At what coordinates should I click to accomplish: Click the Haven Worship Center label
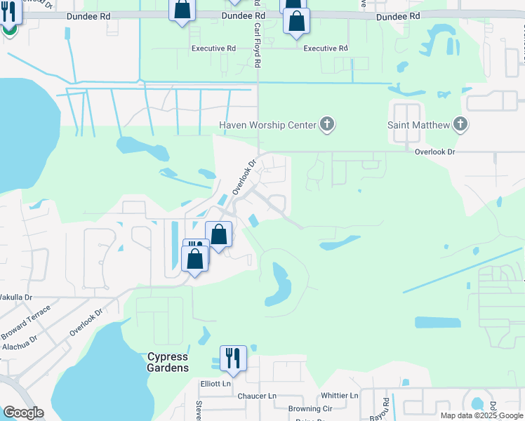266,125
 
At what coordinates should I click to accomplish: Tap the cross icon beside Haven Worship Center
326,125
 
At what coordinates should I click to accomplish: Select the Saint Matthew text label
418,125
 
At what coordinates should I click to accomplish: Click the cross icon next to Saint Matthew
460,125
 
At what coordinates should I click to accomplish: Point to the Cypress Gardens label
168,362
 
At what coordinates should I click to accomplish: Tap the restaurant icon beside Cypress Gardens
232,359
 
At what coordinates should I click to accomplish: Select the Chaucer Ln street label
258,396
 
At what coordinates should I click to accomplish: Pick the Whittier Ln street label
339,396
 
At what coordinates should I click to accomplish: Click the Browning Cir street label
310,408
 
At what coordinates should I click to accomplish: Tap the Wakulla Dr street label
15,298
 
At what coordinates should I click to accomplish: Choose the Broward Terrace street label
27,316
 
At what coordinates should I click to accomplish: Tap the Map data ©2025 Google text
481,415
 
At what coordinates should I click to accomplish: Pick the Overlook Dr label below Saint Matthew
434,152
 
